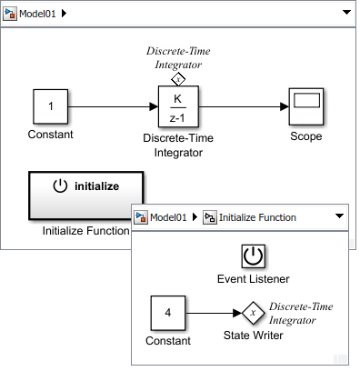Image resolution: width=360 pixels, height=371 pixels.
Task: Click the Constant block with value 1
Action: [x=51, y=107]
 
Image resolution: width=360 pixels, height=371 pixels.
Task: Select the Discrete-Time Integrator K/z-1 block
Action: [x=178, y=107]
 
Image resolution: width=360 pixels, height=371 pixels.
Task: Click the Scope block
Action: [x=305, y=107]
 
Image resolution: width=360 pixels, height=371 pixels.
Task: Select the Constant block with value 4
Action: [x=169, y=315]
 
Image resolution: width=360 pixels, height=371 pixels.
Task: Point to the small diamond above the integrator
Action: [x=178, y=78]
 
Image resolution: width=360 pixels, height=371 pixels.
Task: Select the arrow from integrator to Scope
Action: [x=243, y=107]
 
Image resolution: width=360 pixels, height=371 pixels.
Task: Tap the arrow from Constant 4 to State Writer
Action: [x=214, y=315]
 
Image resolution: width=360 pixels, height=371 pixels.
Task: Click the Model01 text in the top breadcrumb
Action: [x=36, y=14]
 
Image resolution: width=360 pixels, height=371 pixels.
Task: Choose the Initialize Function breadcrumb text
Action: [x=258, y=217]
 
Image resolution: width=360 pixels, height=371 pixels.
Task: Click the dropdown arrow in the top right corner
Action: [x=346, y=14]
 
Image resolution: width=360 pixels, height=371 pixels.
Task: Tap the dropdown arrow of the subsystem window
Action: [x=339, y=217]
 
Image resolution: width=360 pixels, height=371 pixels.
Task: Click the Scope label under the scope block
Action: [x=305, y=136]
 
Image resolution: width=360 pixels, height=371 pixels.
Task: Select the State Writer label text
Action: [x=253, y=336]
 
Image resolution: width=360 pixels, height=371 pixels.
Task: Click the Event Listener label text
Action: [x=253, y=277]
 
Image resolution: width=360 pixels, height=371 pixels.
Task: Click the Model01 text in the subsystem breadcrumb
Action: [x=167, y=217]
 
